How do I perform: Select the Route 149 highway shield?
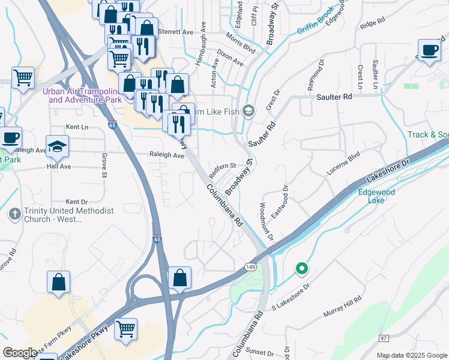(250, 266)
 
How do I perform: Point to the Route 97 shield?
(384, 338)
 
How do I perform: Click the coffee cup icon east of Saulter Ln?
(429, 52)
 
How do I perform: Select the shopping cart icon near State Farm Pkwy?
(125, 328)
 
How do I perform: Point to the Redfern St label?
(223, 166)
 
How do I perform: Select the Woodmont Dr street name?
(266, 221)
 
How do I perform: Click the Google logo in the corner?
(20, 352)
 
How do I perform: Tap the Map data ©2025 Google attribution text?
(411, 355)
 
